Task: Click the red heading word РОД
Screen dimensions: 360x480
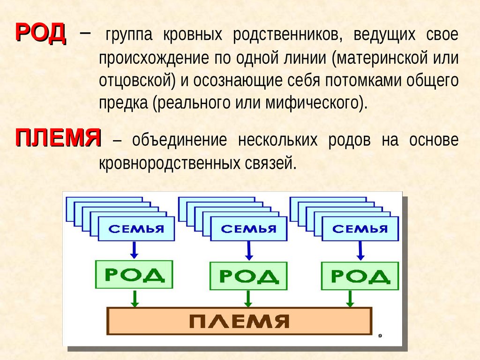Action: (x=41, y=33)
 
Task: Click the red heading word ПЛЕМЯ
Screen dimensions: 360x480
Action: (x=59, y=138)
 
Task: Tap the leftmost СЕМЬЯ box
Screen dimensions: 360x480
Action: (x=136, y=229)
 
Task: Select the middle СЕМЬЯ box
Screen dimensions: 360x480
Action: (x=248, y=229)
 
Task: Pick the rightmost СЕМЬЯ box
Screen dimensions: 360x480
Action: (x=360, y=229)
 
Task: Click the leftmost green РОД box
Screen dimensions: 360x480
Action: (x=134, y=275)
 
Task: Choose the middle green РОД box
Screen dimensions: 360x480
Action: (x=248, y=277)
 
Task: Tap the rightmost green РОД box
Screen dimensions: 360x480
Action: (x=360, y=277)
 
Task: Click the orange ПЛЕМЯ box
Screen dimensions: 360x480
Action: (x=239, y=321)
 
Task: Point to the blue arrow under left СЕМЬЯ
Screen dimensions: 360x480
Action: (x=134, y=250)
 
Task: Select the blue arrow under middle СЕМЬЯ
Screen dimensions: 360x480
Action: (x=248, y=251)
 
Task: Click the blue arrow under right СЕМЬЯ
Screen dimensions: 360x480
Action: (x=360, y=251)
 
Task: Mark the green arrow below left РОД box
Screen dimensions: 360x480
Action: (x=135, y=298)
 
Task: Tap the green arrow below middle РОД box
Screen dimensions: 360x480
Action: (x=248, y=299)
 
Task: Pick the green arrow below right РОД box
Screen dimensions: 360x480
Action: (x=350, y=299)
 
